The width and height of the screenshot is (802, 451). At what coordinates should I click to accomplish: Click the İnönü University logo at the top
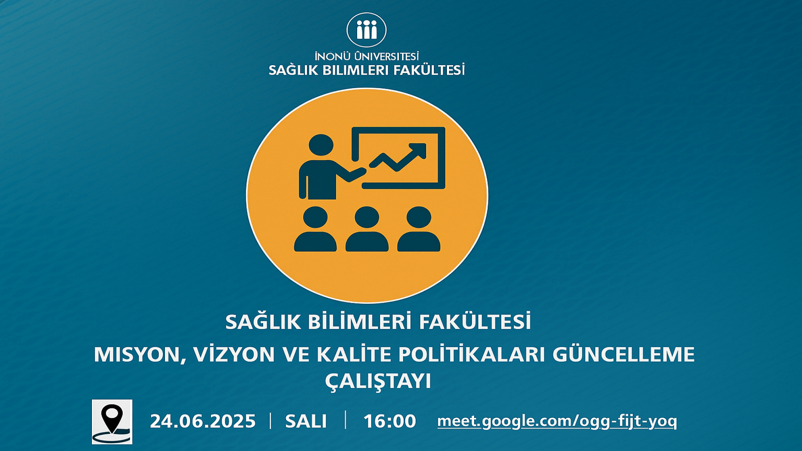click(366, 30)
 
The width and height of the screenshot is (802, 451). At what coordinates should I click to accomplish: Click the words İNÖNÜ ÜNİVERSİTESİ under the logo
click(367, 56)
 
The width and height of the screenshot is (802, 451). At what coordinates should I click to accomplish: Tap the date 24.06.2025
click(203, 421)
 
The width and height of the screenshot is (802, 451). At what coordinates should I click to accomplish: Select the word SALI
click(306, 421)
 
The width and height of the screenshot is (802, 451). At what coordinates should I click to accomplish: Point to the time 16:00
click(390, 421)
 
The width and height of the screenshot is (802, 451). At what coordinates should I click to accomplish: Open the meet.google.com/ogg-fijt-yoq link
click(557, 421)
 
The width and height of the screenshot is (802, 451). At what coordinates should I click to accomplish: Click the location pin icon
click(112, 422)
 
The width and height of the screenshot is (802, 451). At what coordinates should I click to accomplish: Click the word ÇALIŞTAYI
click(378, 381)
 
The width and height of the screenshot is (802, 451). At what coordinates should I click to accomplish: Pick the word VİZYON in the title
click(234, 354)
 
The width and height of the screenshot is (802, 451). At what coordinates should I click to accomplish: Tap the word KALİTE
click(354, 354)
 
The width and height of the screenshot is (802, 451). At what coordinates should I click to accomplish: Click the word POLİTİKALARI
click(472, 354)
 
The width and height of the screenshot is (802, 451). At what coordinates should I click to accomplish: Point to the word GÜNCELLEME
click(624, 354)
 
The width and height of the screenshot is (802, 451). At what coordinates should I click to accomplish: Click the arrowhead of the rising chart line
click(419, 150)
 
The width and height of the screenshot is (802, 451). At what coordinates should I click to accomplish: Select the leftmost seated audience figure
click(315, 229)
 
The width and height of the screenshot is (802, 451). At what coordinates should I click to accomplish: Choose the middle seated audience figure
click(367, 229)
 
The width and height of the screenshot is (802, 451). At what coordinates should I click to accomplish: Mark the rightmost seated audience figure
click(419, 229)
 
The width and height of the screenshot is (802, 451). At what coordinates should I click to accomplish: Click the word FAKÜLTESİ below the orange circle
click(475, 322)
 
